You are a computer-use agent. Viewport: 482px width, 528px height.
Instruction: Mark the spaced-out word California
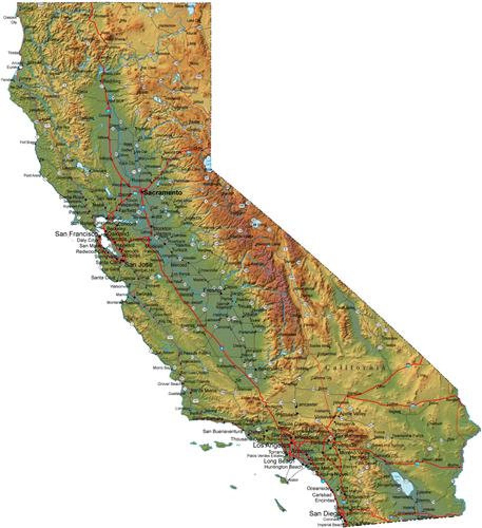click(x=355, y=367)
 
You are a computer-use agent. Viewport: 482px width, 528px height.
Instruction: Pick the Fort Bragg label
click(x=28, y=142)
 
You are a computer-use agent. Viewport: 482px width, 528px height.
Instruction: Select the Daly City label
click(x=85, y=240)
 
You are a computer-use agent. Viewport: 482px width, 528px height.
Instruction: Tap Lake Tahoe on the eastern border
click(x=208, y=163)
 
